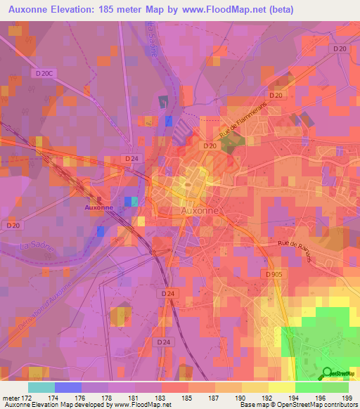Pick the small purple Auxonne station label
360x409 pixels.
click(x=98, y=208)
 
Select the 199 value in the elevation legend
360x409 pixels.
click(x=347, y=398)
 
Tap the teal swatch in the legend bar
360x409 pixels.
click(x=41, y=387)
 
